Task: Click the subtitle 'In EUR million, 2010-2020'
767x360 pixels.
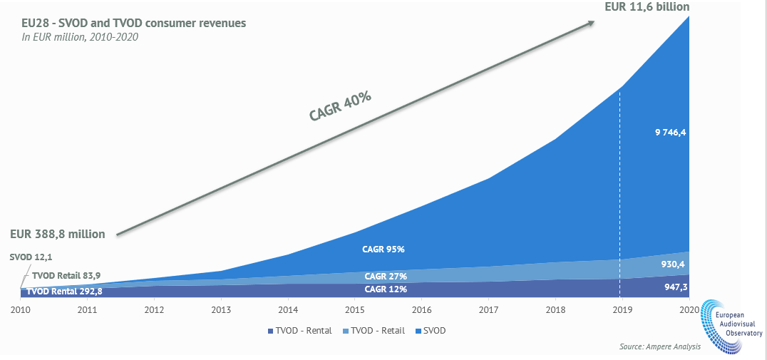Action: tap(79, 37)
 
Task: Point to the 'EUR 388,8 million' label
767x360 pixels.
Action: tap(58, 234)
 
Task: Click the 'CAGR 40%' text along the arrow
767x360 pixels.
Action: tap(341, 106)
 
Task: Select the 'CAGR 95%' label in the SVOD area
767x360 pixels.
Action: tap(384, 250)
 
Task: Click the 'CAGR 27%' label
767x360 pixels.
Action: tap(385, 277)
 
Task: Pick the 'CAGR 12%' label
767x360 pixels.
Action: tap(385, 289)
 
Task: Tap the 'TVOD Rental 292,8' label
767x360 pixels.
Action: tap(65, 292)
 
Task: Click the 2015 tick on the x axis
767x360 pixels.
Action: tap(356, 310)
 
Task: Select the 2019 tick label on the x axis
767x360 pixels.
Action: tap(623, 310)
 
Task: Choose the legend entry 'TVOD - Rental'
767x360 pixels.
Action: tap(300, 331)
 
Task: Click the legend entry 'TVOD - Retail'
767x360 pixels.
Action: tap(375, 331)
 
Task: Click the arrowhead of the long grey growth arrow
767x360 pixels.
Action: tap(591, 24)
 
